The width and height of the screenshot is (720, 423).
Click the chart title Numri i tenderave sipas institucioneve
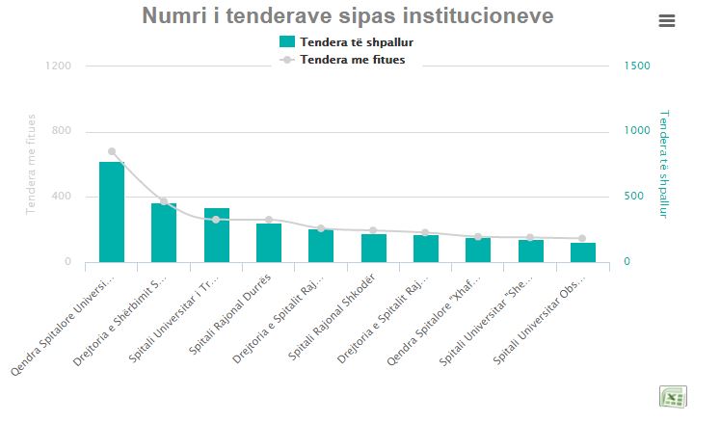tap(348, 16)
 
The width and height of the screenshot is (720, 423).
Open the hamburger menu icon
tap(667, 21)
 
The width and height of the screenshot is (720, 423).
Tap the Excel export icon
tap(672, 397)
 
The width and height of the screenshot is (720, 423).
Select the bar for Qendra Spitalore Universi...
tap(112, 212)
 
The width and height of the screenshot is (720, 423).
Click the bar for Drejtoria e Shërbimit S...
tap(164, 232)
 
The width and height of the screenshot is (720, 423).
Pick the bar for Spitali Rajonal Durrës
tap(269, 243)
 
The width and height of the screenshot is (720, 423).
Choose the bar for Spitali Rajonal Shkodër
tap(374, 248)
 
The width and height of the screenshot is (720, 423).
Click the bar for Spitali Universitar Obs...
tap(583, 252)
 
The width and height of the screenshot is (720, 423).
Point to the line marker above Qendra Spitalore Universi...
tap(112, 151)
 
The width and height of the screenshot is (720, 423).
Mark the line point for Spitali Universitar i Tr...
tap(216, 220)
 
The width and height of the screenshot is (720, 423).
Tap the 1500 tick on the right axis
tap(636, 66)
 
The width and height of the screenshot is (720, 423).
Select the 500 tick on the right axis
tap(633, 197)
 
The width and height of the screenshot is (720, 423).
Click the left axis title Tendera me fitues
tap(32, 164)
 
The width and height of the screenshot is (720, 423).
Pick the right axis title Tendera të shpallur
tap(663, 163)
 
